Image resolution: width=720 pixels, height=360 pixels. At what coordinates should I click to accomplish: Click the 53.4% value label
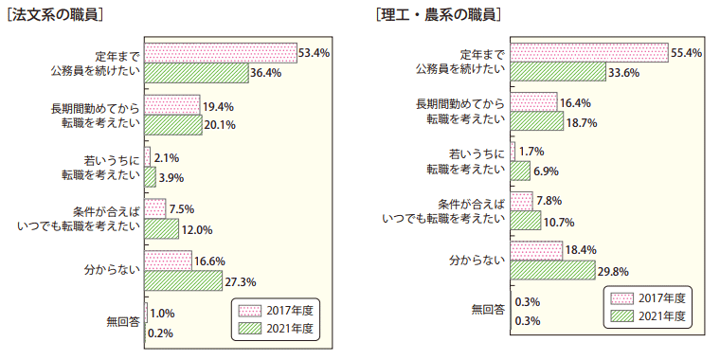pos(314,53)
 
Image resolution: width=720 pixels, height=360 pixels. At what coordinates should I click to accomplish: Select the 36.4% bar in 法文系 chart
pos(195,72)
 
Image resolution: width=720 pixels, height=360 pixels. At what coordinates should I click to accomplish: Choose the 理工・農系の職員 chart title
pos(437,15)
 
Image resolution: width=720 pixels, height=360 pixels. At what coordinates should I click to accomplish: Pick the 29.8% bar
pos(555,271)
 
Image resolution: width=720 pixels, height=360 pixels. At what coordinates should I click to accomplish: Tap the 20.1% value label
pos(221,124)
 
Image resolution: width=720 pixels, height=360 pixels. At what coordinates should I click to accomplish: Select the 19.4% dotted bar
pos(171,104)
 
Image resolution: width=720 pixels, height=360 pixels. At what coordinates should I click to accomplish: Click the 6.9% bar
pos(519,171)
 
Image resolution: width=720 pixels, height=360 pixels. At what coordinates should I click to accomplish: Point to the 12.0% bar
pos(161,228)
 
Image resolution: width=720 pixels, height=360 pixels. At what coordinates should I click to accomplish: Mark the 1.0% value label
pos(162,314)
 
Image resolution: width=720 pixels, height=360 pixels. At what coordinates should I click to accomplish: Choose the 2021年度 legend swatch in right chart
pos(621,316)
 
